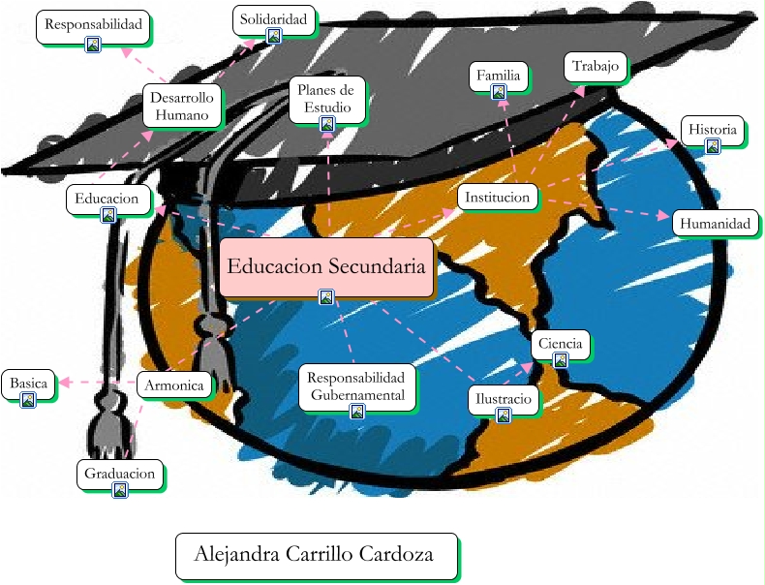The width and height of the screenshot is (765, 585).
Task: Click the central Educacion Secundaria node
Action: (325, 266)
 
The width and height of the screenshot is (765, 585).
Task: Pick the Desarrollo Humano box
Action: (181, 106)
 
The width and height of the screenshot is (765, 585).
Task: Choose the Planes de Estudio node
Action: (327, 99)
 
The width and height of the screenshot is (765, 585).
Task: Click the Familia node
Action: (499, 76)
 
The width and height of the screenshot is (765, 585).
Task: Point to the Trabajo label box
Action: (595, 66)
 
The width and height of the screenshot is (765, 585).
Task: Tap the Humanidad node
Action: (715, 224)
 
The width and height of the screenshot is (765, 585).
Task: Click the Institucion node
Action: (497, 197)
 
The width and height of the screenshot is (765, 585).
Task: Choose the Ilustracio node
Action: (503, 399)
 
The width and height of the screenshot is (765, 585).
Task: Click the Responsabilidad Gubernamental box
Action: (357, 385)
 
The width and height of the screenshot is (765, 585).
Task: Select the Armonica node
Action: (174, 385)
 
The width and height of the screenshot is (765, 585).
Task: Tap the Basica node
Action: (28, 384)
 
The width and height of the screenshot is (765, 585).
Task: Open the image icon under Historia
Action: (713, 146)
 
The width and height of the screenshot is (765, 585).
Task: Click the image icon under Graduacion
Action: (120, 490)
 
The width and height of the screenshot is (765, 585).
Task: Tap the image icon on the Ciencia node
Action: (560, 360)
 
